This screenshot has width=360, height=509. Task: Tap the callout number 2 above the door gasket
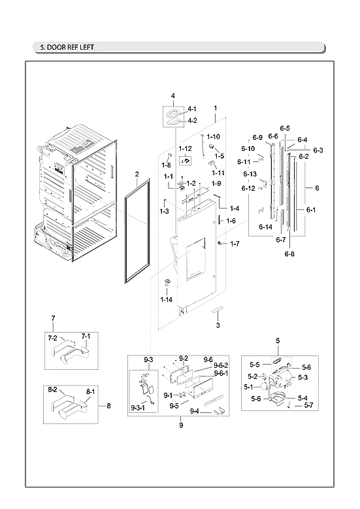[x=137, y=174]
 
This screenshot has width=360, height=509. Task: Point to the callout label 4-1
[x=192, y=108]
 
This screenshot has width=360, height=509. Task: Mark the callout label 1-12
[x=185, y=149]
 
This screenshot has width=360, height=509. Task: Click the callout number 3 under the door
[x=218, y=325]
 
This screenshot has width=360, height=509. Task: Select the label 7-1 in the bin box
[x=84, y=336]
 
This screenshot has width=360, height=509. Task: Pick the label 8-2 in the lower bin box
[x=54, y=389]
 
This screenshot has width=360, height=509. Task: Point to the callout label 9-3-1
[x=139, y=408]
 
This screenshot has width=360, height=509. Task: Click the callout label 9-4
[x=194, y=411]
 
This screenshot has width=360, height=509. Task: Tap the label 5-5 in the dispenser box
[x=255, y=364]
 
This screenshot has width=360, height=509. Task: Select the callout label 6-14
[x=265, y=226]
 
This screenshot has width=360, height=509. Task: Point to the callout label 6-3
[x=318, y=150]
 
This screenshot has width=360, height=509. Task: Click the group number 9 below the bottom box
[x=181, y=425]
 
